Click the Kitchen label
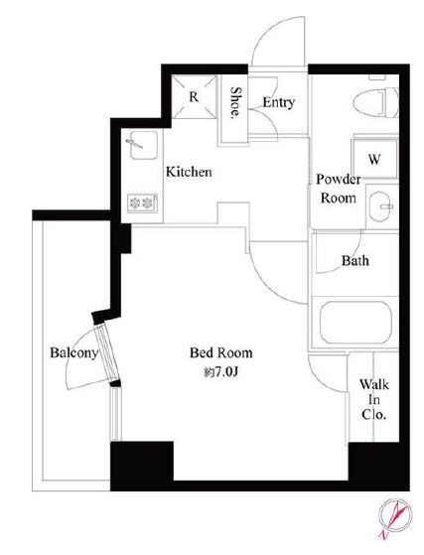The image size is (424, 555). tap(189, 172)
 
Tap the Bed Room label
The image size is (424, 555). tap(221, 352)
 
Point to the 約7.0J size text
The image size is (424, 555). tap(220, 372)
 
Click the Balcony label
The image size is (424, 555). tap(73, 352)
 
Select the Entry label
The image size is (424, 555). tap(279, 102)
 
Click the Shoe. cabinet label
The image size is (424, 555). tap(234, 102)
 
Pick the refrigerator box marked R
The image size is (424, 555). tap(194, 96)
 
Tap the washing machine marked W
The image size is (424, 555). tap(374, 159)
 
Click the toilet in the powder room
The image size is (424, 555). tap(376, 102)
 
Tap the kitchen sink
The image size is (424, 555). tap(143, 145)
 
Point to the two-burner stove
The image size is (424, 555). tap(142, 204)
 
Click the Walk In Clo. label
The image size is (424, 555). tap(374, 399)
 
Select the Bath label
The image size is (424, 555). tap(354, 261)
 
